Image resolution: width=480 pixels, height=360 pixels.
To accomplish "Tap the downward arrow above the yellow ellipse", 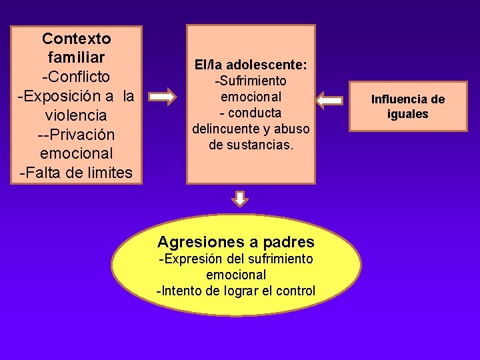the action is click(x=241, y=199).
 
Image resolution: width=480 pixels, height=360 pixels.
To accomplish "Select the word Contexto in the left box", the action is click(x=77, y=39).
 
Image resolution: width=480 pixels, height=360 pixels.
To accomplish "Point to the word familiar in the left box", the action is click(x=77, y=58).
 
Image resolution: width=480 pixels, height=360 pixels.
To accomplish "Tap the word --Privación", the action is click(x=77, y=135).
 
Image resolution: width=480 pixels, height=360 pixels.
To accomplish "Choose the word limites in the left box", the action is click(x=105, y=173).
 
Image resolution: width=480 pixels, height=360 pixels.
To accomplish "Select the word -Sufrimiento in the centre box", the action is click(x=250, y=81).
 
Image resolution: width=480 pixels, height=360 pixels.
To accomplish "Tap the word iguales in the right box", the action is click(x=408, y=114).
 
